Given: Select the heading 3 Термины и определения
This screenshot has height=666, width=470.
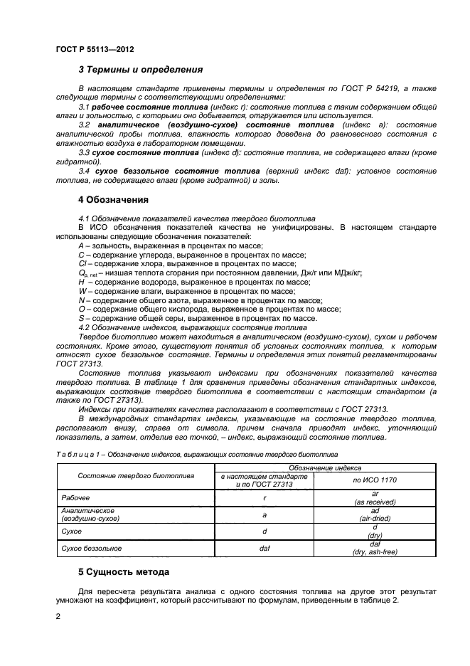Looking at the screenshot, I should click(140, 70).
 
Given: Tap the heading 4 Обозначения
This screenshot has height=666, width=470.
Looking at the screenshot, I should click(113, 199).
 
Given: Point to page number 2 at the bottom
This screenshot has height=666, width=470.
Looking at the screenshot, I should click(58, 616).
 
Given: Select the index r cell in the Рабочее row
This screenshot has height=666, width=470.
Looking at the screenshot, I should click(264, 498).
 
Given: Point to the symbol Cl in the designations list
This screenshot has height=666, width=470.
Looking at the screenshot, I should click(82, 263).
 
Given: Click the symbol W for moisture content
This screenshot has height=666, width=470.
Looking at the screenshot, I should click(82, 291).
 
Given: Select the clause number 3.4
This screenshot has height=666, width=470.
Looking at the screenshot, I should click(84, 171).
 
